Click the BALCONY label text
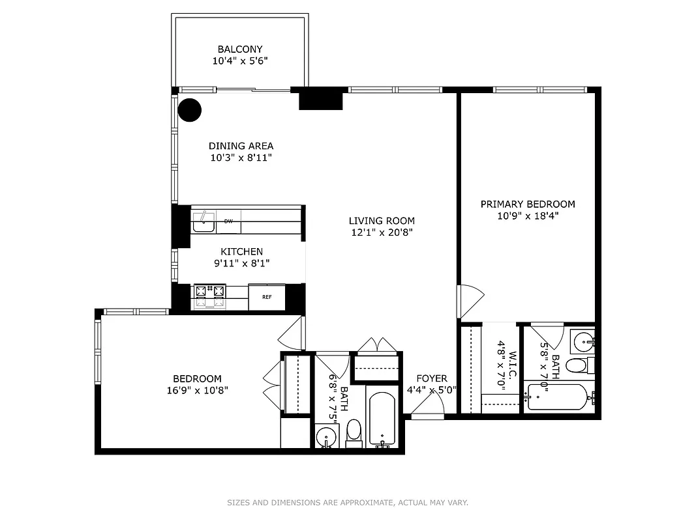[240, 49]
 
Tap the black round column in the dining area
[190, 110]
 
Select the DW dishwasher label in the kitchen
[228, 221]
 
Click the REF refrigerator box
[267, 297]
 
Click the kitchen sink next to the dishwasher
[204, 221]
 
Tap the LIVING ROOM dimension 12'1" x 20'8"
[381, 232]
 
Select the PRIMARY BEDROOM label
[528, 204]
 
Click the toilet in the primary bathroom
[577, 365]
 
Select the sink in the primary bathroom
[583, 339]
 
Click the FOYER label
[432, 378]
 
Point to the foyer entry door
[428, 407]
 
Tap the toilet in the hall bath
[354, 432]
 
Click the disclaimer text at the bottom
[348, 503]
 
